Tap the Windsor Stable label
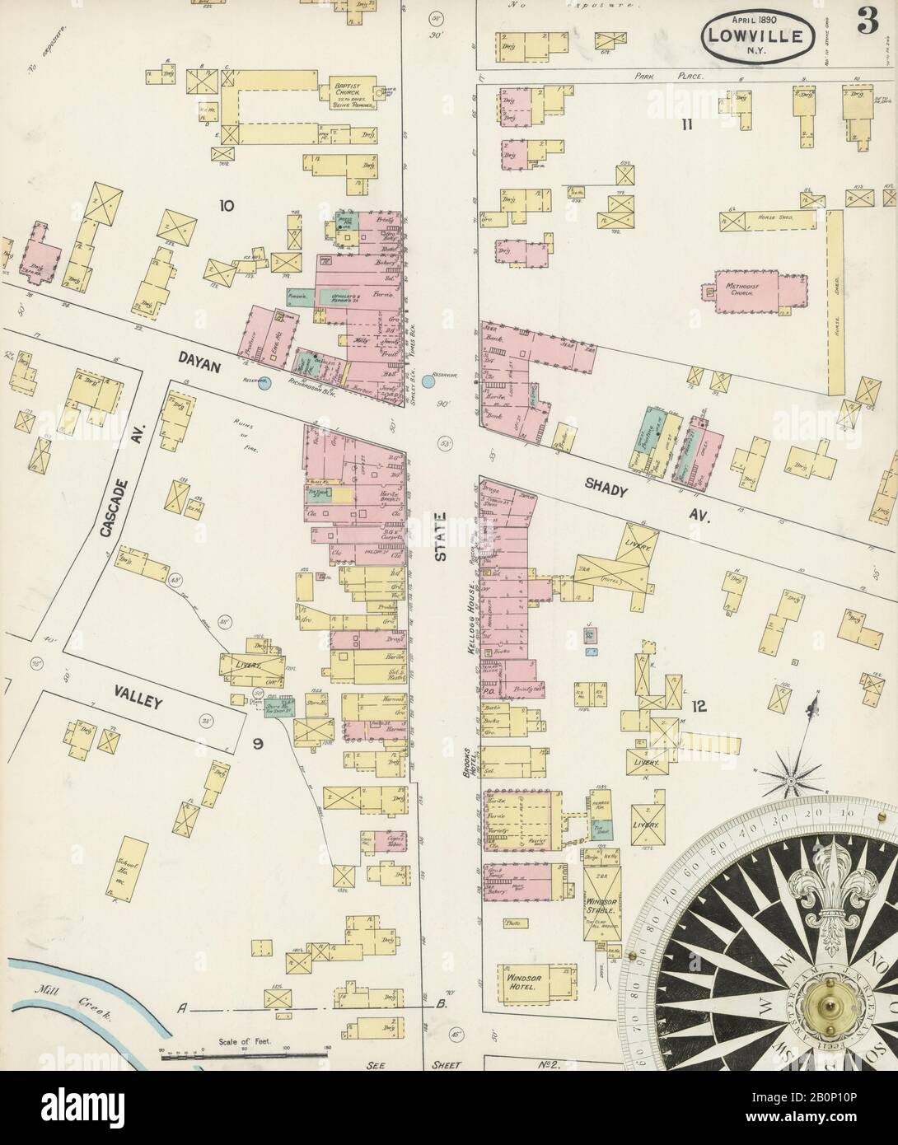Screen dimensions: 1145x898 [x=606, y=906]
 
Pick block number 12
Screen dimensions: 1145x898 [x=699, y=705]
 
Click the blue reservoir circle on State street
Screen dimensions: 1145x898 [x=429, y=381]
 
